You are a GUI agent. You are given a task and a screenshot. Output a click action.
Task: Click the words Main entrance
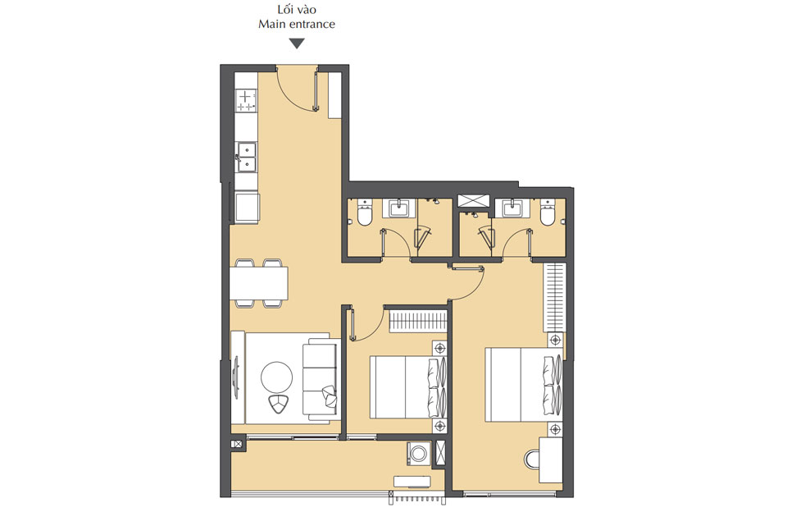(297, 25)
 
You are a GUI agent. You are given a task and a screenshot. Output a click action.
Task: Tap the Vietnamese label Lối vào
(297, 10)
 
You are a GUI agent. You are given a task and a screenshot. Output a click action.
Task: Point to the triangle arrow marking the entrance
(297, 43)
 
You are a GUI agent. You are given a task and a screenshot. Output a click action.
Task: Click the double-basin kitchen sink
(246, 157)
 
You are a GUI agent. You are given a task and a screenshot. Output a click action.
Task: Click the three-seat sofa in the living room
(319, 378)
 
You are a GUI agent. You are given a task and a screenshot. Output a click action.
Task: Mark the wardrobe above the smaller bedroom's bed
(417, 319)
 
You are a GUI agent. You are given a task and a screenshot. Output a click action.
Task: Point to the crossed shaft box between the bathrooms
(474, 200)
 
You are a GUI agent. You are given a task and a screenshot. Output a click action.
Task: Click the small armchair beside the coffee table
(280, 403)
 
